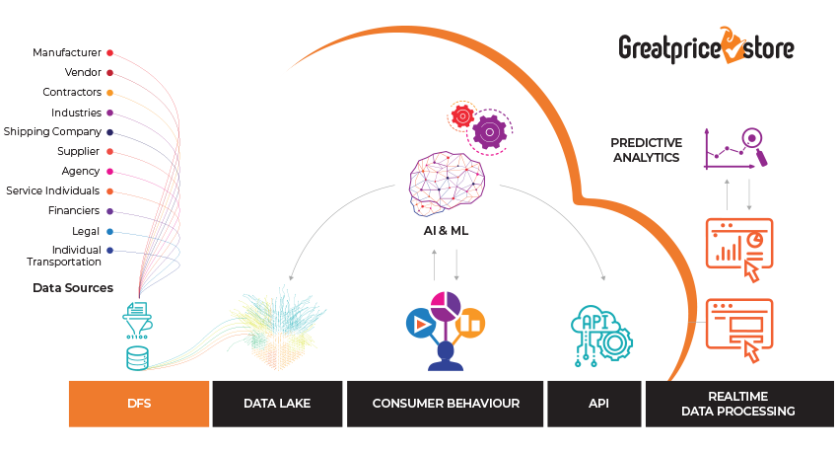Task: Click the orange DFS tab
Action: tap(138, 403)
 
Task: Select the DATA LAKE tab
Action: tap(277, 403)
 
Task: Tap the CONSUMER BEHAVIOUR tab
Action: tap(446, 403)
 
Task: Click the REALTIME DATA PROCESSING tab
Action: tap(737, 403)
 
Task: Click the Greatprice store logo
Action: tap(707, 47)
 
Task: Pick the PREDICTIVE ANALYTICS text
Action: tap(646, 150)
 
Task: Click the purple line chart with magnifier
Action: tap(735, 148)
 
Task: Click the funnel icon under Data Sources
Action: tap(137, 318)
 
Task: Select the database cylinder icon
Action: tap(137, 357)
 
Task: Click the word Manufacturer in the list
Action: tap(67, 52)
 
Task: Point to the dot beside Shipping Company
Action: tap(109, 131)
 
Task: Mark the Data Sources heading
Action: tap(73, 288)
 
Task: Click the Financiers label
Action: tap(74, 210)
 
